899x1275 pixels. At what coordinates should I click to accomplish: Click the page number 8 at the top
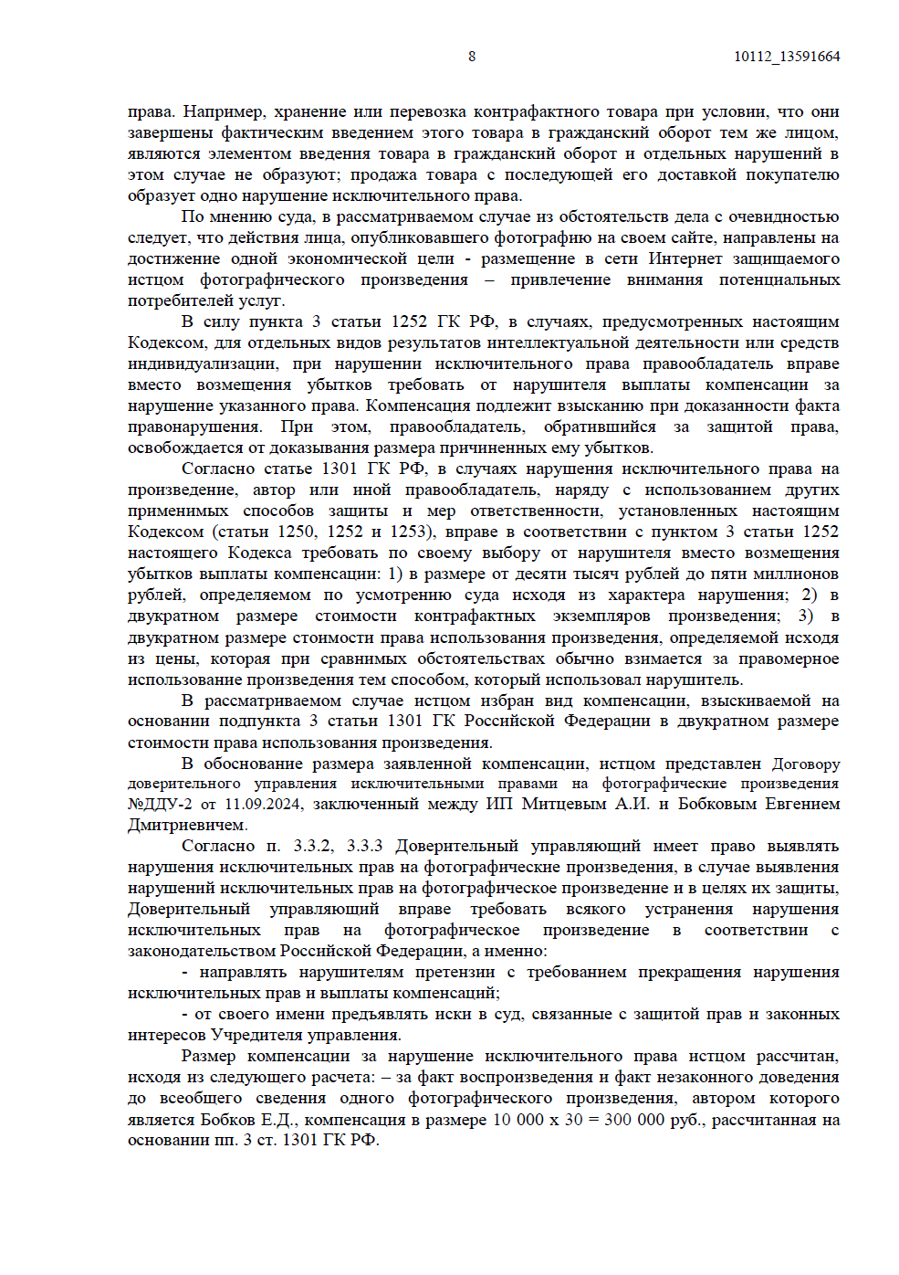pyautogui.click(x=472, y=57)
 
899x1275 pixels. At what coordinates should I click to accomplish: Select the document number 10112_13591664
pyautogui.click(x=787, y=57)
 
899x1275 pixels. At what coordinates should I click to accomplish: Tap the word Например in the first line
pyautogui.click(x=220, y=111)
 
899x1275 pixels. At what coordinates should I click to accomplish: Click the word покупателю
pyautogui.click(x=792, y=174)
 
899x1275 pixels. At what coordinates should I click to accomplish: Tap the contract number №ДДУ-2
pyautogui.click(x=160, y=804)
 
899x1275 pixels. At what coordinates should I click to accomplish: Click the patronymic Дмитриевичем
pyautogui.click(x=187, y=825)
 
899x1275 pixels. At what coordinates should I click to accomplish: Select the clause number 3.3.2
pyautogui.click(x=313, y=846)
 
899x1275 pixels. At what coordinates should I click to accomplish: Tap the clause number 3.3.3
pyautogui.click(x=364, y=846)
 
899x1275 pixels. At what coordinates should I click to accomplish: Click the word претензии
pyautogui.click(x=455, y=972)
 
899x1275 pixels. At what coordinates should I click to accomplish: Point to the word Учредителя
pyautogui.click(x=256, y=1035)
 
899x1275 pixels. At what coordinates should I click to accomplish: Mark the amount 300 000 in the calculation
pyautogui.click(x=635, y=1120)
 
